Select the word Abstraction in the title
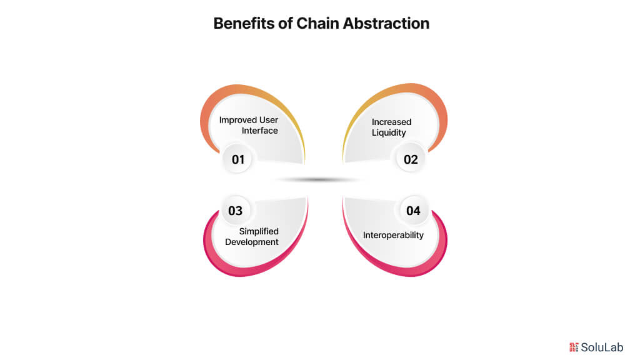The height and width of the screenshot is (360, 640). coord(386,23)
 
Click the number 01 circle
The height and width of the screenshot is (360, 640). coord(238,159)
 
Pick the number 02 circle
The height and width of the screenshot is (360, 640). coord(411,159)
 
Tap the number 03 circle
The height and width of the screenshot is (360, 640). coord(236,211)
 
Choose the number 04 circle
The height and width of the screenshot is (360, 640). coord(413,211)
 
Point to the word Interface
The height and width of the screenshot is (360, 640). coord(259,131)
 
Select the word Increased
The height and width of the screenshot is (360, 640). coord(391,122)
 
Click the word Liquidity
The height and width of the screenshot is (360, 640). coord(389,132)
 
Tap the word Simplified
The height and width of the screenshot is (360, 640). coord(259,231)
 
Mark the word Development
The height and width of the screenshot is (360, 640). coord(252,242)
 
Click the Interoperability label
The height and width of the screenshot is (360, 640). coord(394,235)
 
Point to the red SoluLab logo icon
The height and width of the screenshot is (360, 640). coord(574,347)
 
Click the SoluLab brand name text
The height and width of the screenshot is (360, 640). coord(602,347)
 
